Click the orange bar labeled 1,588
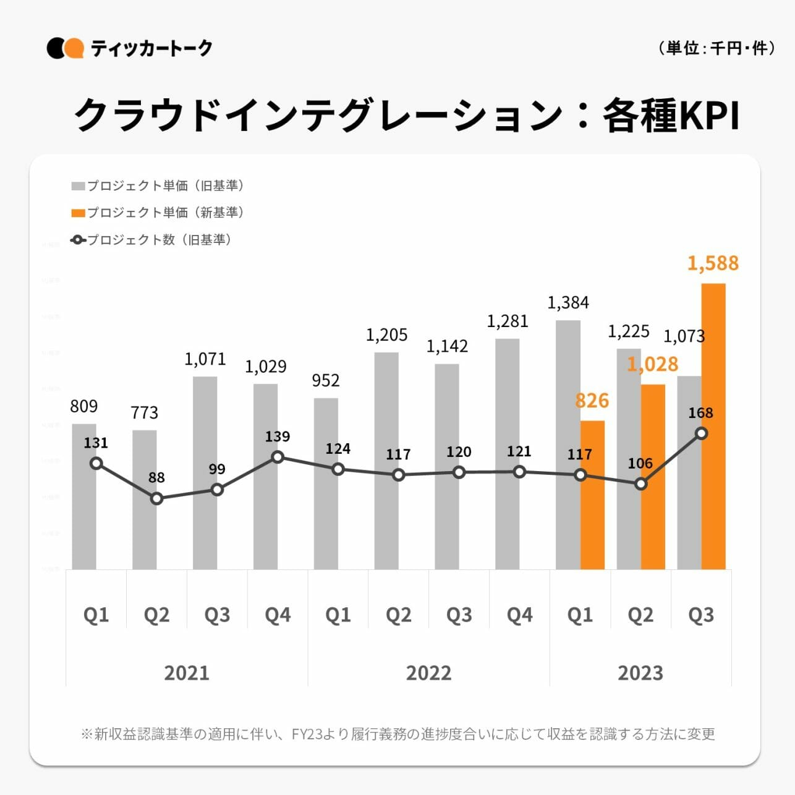tap(713, 427)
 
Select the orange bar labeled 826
tap(592, 495)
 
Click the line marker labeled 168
tap(701, 434)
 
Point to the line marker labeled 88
tap(157, 498)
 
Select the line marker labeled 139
tap(278, 457)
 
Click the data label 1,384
tap(568, 303)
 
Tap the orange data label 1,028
tap(652, 364)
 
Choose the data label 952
tap(326, 380)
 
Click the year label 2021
tap(187, 673)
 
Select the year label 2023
tap(640, 673)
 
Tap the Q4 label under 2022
tap(519, 615)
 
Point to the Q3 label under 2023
tap(701, 615)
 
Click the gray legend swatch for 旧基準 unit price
tap(79, 186)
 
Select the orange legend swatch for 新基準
tap(79, 213)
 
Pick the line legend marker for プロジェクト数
tap(79, 240)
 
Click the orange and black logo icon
tap(65, 48)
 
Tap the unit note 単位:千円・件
tap(717, 48)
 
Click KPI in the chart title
tap(702, 116)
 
